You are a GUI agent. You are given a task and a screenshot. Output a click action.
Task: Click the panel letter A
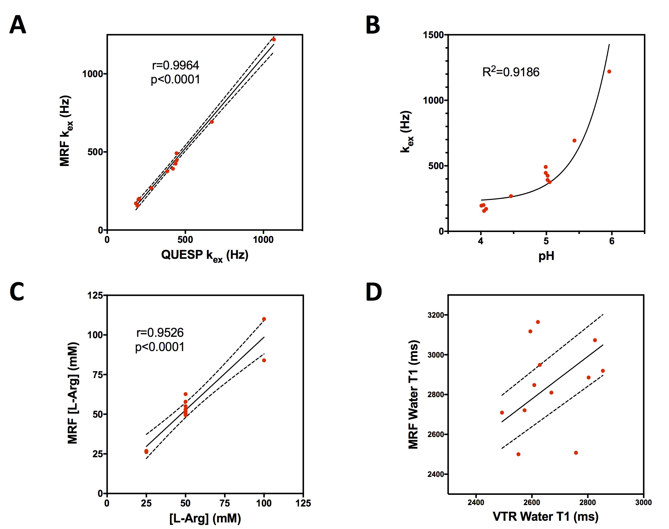(18, 25)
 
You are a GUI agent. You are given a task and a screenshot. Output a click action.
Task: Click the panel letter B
(373, 25)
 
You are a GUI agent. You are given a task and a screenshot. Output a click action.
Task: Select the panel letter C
(17, 292)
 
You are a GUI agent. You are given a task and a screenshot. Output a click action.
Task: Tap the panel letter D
(374, 292)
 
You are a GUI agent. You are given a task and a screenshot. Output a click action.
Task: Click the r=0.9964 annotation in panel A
(175, 65)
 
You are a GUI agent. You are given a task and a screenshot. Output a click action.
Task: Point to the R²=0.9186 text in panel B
(511, 72)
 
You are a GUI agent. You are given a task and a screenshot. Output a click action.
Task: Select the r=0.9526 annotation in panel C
(160, 333)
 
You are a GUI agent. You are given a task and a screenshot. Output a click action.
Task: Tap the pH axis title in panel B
(546, 256)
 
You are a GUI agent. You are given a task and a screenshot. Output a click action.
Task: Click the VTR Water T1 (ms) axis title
(545, 516)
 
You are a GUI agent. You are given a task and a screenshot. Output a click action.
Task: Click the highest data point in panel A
(274, 40)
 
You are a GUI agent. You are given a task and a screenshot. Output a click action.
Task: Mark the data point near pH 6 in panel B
(609, 71)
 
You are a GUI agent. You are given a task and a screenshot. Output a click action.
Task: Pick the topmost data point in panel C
(264, 319)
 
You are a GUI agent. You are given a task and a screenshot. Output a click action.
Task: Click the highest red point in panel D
(538, 322)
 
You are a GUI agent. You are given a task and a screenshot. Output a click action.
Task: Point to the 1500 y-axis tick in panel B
(434, 35)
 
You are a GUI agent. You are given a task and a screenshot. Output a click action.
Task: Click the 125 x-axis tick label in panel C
(303, 503)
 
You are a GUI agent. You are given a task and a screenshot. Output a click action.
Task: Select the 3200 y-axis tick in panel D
(436, 315)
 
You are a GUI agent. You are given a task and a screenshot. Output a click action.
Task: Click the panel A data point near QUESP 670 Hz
(212, 122)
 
